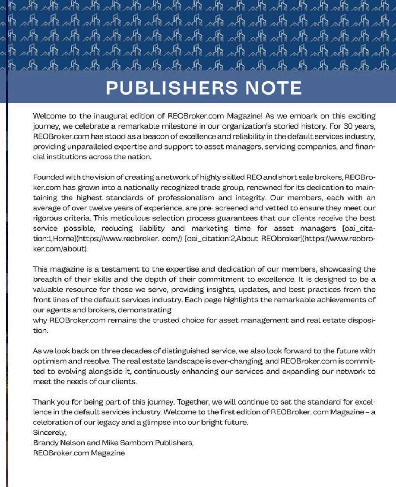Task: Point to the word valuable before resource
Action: [48, 290]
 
